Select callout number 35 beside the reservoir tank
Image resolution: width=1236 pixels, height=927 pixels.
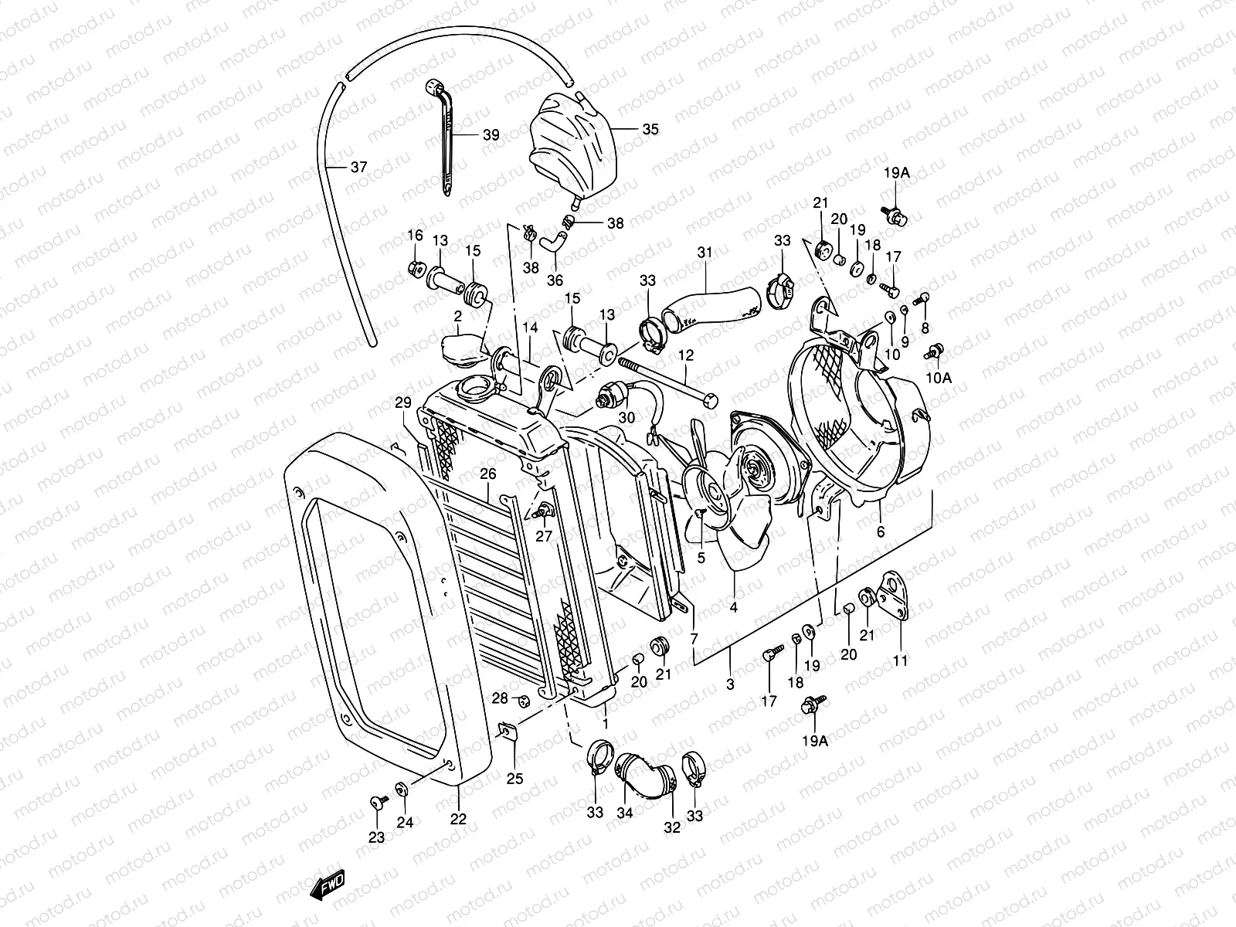[x=650, y=129]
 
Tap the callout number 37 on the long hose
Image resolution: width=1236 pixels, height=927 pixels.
[x=358, y=167]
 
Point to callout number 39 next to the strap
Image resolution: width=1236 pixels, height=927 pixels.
[x=491, y=135]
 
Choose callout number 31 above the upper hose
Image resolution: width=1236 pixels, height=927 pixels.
[x=705, y=253]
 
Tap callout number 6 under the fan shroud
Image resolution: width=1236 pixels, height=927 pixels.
[x=881, y=531]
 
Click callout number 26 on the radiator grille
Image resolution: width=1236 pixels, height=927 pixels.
[x=487, y=474]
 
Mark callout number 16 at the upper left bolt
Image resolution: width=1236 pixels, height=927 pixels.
[x=415, y=236]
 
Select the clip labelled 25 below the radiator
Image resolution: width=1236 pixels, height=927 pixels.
[x=507, y=731]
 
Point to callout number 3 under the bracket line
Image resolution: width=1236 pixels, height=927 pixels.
[x=730, y=684]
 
